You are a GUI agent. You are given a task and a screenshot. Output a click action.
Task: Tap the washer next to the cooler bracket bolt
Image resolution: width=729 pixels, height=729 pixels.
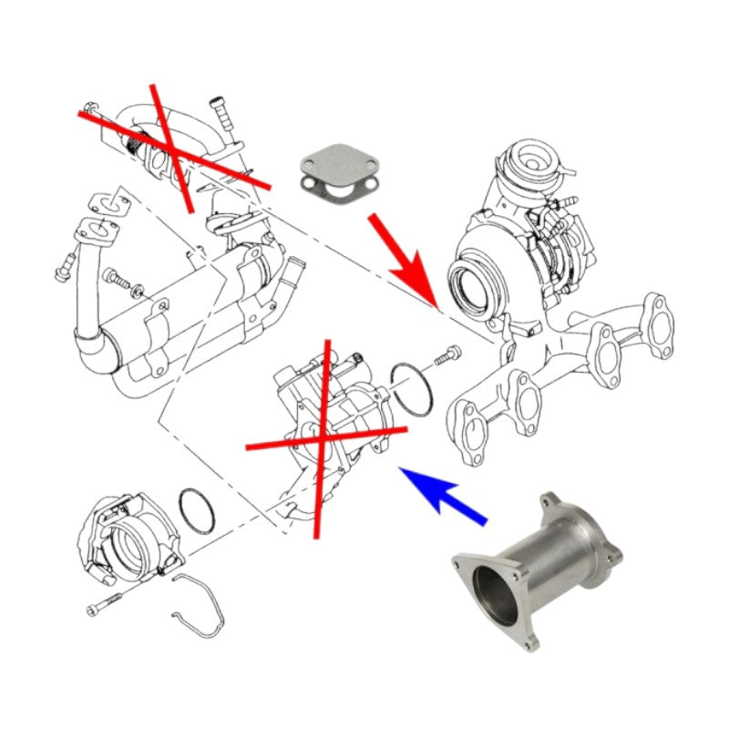[138, 291]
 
